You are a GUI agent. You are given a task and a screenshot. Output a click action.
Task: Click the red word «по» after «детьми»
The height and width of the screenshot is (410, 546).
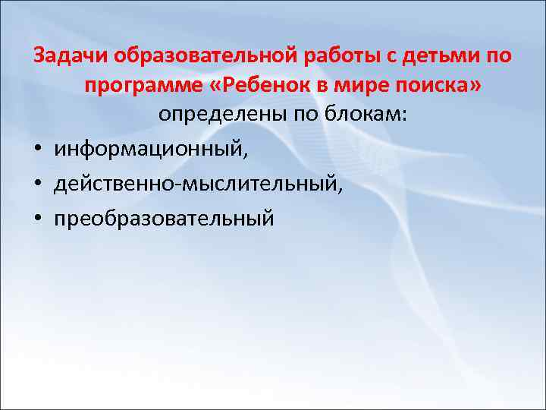click(497, 57)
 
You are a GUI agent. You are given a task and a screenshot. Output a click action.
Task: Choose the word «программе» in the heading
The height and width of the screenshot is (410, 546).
click(139, 85)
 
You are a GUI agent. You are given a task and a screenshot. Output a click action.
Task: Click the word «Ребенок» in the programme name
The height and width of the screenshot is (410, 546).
click(258, 85)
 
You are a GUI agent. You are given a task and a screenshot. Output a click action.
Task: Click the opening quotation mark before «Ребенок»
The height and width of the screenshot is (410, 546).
click(209, 86)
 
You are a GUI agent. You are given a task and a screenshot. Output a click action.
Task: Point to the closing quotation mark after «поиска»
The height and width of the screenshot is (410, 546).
click(475, 86)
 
